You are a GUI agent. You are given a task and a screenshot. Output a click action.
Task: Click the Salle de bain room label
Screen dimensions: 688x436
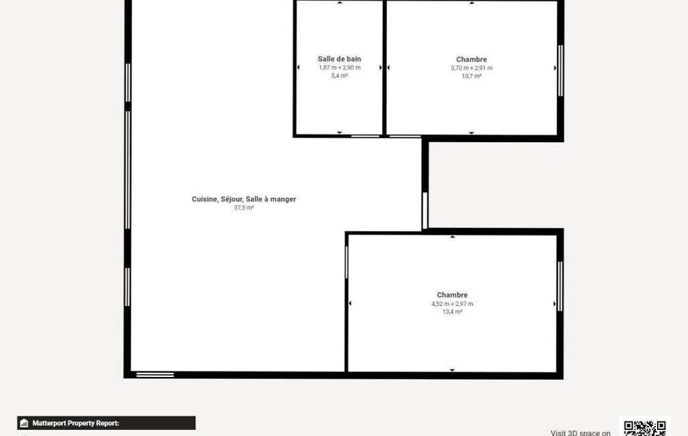339,59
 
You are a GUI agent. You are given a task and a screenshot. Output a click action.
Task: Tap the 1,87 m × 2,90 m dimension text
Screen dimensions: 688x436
339,68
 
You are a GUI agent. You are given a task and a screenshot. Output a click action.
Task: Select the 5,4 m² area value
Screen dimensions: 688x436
339,75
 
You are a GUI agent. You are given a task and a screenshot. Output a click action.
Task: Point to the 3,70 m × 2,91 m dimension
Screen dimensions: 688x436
471,68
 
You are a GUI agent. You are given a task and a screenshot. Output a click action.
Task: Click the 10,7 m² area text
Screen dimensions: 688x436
471,76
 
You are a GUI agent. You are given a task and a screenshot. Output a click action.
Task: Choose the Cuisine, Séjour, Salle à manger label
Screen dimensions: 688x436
244,199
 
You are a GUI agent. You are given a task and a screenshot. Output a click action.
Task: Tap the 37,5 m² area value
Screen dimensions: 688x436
244,207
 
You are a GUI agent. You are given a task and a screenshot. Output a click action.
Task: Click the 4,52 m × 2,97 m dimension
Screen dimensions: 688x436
452,304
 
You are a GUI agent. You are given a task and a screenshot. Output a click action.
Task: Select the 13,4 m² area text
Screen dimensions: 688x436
452,311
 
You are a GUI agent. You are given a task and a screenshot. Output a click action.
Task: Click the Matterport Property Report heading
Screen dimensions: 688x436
75,423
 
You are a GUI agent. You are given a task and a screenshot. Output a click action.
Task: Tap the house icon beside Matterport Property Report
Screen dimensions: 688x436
24,423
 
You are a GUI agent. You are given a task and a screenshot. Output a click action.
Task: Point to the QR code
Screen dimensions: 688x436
644,428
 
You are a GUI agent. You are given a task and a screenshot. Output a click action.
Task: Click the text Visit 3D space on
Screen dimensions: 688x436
581,433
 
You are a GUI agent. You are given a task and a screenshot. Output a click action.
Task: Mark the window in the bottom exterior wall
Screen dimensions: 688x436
155,374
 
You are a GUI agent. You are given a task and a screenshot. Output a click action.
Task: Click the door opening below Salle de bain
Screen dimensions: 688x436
365,136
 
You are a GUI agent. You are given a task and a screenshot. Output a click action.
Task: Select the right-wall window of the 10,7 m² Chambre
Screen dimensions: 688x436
560,70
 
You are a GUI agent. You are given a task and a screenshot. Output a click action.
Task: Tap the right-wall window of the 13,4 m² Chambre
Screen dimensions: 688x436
560,286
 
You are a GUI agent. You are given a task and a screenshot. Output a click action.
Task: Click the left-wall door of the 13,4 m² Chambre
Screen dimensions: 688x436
346,262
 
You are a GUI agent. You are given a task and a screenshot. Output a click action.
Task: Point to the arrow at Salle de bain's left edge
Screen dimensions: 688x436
299,68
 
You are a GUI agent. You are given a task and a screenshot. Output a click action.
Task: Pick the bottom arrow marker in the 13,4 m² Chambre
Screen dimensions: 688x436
452,370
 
